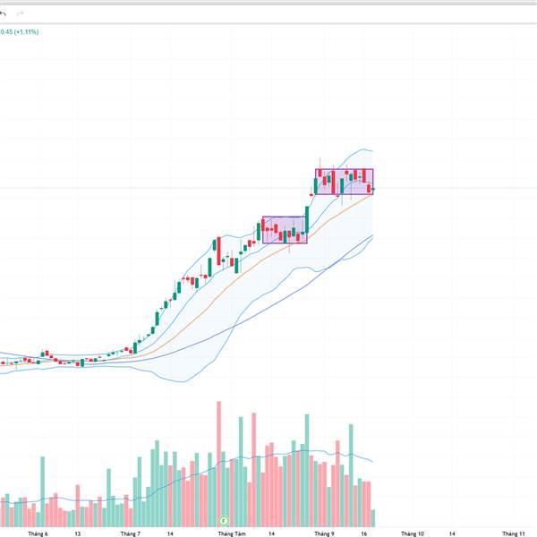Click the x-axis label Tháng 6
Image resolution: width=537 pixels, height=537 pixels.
tap(37, 533)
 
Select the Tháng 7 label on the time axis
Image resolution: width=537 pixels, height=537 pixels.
tap(131, 533)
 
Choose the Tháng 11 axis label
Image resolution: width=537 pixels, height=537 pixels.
tap(514, 533)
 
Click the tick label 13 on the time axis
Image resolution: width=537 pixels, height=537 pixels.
tap(78, 533)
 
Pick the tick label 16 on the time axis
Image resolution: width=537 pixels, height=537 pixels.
tap(363, 533)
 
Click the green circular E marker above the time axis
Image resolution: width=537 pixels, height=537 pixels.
tap(225, 519)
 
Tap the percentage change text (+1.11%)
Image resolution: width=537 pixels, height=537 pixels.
tap(25, 32)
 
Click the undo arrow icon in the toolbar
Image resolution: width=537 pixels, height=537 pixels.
tap(4, 13)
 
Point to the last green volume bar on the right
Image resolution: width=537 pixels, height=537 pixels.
tap(373, 517)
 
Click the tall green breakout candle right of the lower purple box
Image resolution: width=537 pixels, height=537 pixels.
tap(307, 219)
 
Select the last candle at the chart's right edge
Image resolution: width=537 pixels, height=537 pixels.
tap(372, 188)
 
